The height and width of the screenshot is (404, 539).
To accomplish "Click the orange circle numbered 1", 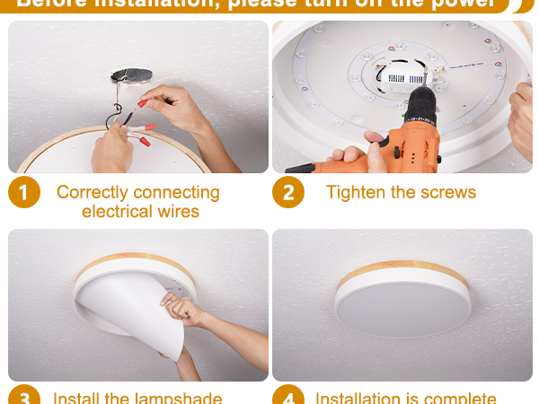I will pyautogui.click(x=24, y=193).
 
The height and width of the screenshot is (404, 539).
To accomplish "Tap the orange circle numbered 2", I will pyautogui.click(x=288, y=193).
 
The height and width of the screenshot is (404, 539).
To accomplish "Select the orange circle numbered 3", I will pyautogui.click(x=24, y=397).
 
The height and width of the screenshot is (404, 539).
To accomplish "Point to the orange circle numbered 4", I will pyautogui.click(x=288, y=397).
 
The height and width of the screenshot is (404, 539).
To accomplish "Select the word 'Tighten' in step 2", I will pyautogui.click(x=357, y=192).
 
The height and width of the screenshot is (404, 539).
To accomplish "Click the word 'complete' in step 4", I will pyautogui.click(x=459, y=398).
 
